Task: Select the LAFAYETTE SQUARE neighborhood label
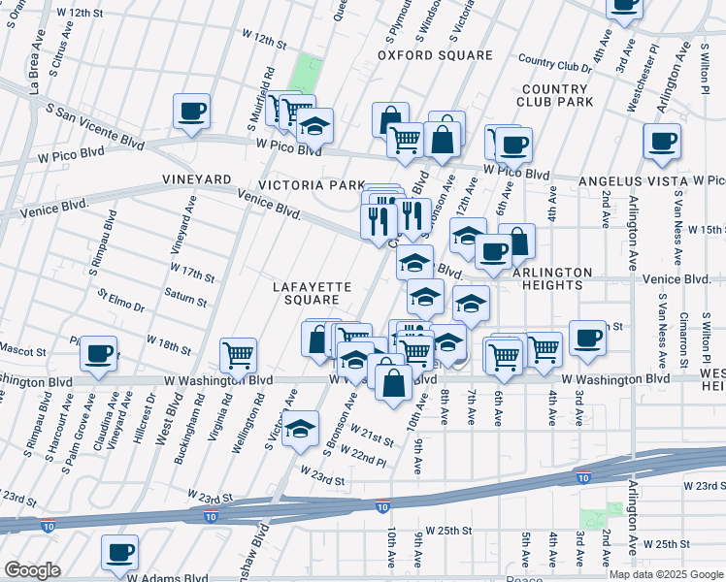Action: [x=305, y=293]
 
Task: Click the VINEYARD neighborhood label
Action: [x=197, y=180]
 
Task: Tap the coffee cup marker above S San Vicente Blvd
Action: [x=191, y=111]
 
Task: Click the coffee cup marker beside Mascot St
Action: [x=97, y=354]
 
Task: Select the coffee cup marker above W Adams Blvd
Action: [x=119, y=553]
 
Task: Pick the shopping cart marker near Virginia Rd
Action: [x=238, y=355]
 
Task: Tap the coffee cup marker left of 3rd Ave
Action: [x=587, y=338]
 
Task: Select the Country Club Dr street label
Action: [x=554, y=61]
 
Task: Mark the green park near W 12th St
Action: [x=307, y=73]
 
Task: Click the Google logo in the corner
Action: [x=32, y=570]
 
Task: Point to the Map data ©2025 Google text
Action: [x=666, y=574]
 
